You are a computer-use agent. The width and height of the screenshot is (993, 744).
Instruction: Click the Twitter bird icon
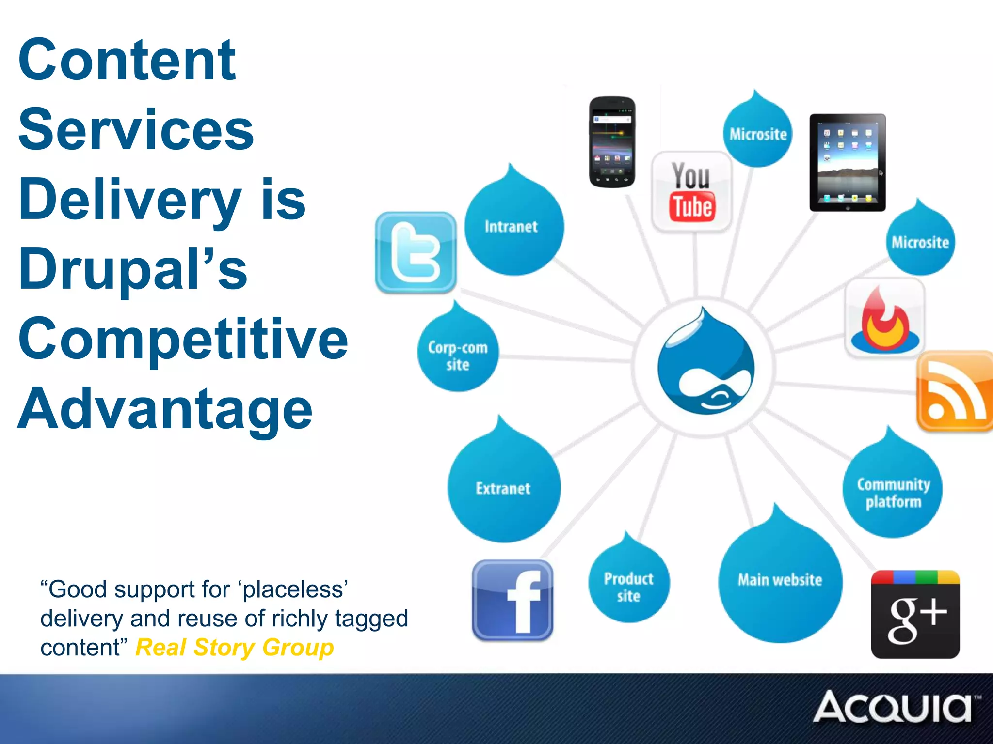point(416,252)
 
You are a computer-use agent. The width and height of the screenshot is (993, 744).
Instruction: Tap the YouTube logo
point(692,192)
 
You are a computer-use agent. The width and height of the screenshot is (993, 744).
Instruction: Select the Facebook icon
point(513,601)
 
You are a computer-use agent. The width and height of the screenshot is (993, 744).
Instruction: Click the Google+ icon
point(915,614)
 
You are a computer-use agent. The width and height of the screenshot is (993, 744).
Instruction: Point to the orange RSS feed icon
point(954,391)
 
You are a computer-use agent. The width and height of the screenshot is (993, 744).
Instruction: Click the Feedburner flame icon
point(885,318)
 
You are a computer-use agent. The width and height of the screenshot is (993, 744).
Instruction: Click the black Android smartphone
point(612,141)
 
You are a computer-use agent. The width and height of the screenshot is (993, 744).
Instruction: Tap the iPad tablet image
point(848,163)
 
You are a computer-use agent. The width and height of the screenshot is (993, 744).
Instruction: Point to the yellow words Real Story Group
point(235,648)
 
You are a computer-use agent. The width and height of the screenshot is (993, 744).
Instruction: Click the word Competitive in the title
point(183,339)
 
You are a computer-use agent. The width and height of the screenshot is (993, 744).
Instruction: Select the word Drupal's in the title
point(133,269)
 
